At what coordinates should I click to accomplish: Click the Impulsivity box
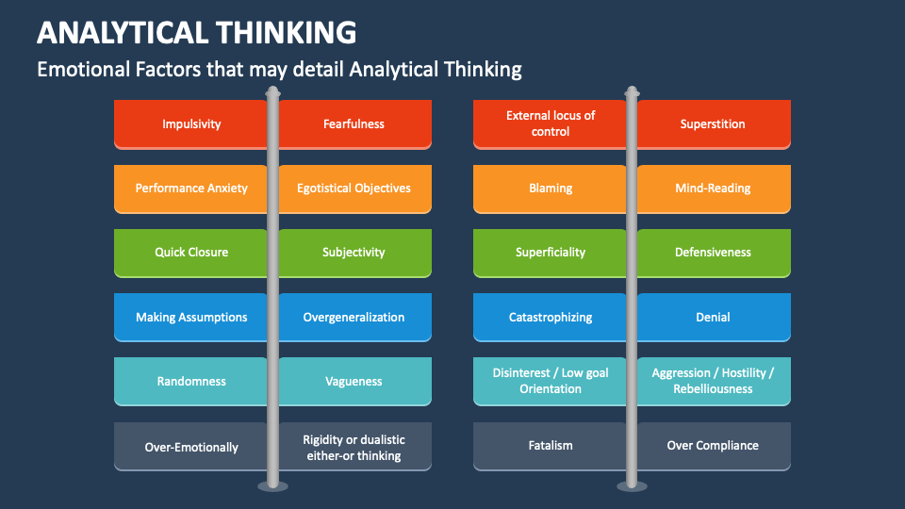(x=191, y=123)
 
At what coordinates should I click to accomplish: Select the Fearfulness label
(x=354, y=123)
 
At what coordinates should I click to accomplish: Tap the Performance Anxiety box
(x=191, y=188)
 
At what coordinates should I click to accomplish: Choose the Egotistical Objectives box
(x=354, y=188)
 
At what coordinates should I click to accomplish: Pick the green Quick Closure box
(x=191, y=252)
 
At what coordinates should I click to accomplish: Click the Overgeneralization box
(x=354, y=317)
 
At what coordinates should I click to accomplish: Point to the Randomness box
(x=191, y=381)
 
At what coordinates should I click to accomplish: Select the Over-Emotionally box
(x=191, y=447)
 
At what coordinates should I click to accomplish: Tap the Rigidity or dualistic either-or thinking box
(x=354, y=447)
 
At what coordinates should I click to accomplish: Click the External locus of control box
(x=551, y=123)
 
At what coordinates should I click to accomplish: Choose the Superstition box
(x=713, y=123)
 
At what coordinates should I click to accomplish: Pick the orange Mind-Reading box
(x=713, y=188)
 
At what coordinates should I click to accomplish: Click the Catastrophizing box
(x=551, y=317)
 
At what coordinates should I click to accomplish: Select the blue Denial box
(x=713, y=317)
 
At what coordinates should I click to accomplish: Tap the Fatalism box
(x=551, y=445)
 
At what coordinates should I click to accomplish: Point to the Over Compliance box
(x=713, y=445)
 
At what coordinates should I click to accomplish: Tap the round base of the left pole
(x=272, y=485)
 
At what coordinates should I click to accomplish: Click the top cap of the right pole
(x=632, y=92)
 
